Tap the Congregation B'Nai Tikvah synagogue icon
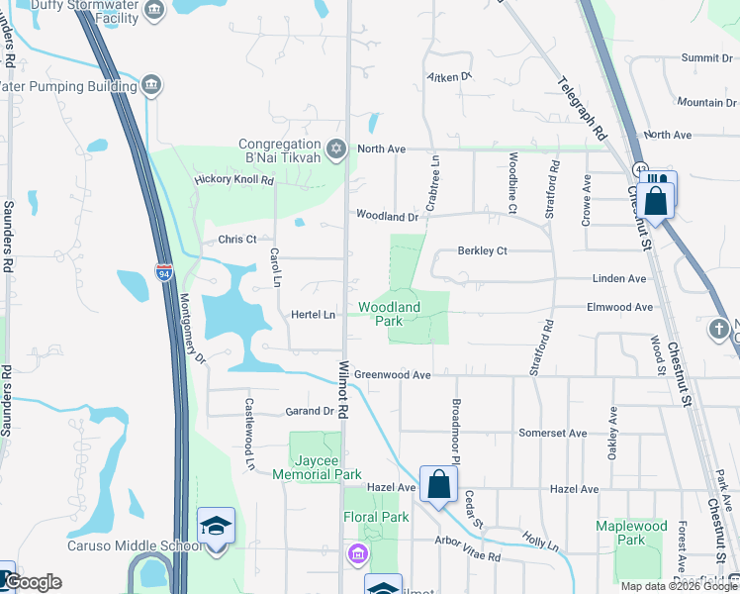336,148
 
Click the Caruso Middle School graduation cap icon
216,526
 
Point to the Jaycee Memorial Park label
326,468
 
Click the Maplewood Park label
632,533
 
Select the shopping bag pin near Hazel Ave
438,484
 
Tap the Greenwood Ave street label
393,375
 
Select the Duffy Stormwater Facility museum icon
153,10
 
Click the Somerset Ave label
552,434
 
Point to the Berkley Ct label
482,251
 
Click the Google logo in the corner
33,582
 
